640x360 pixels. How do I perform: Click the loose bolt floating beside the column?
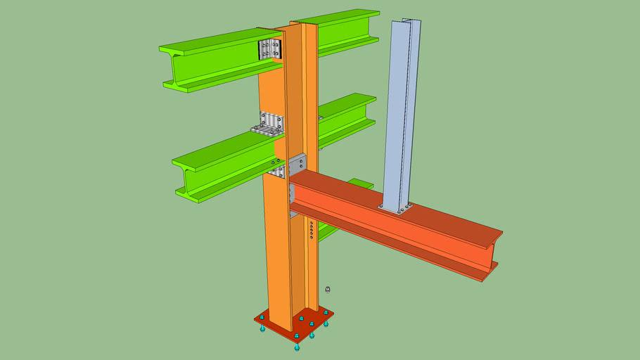click(328, 290)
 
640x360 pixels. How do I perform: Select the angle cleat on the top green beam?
click(270, 49)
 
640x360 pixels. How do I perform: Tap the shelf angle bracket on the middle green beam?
click(268, 125)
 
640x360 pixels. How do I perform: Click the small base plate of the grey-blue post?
click(395, 208)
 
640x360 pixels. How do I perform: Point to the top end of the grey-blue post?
click(407, 23)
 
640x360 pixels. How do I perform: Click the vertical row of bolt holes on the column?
click(311, 230)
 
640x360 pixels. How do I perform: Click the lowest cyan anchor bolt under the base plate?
click(297, 347)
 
